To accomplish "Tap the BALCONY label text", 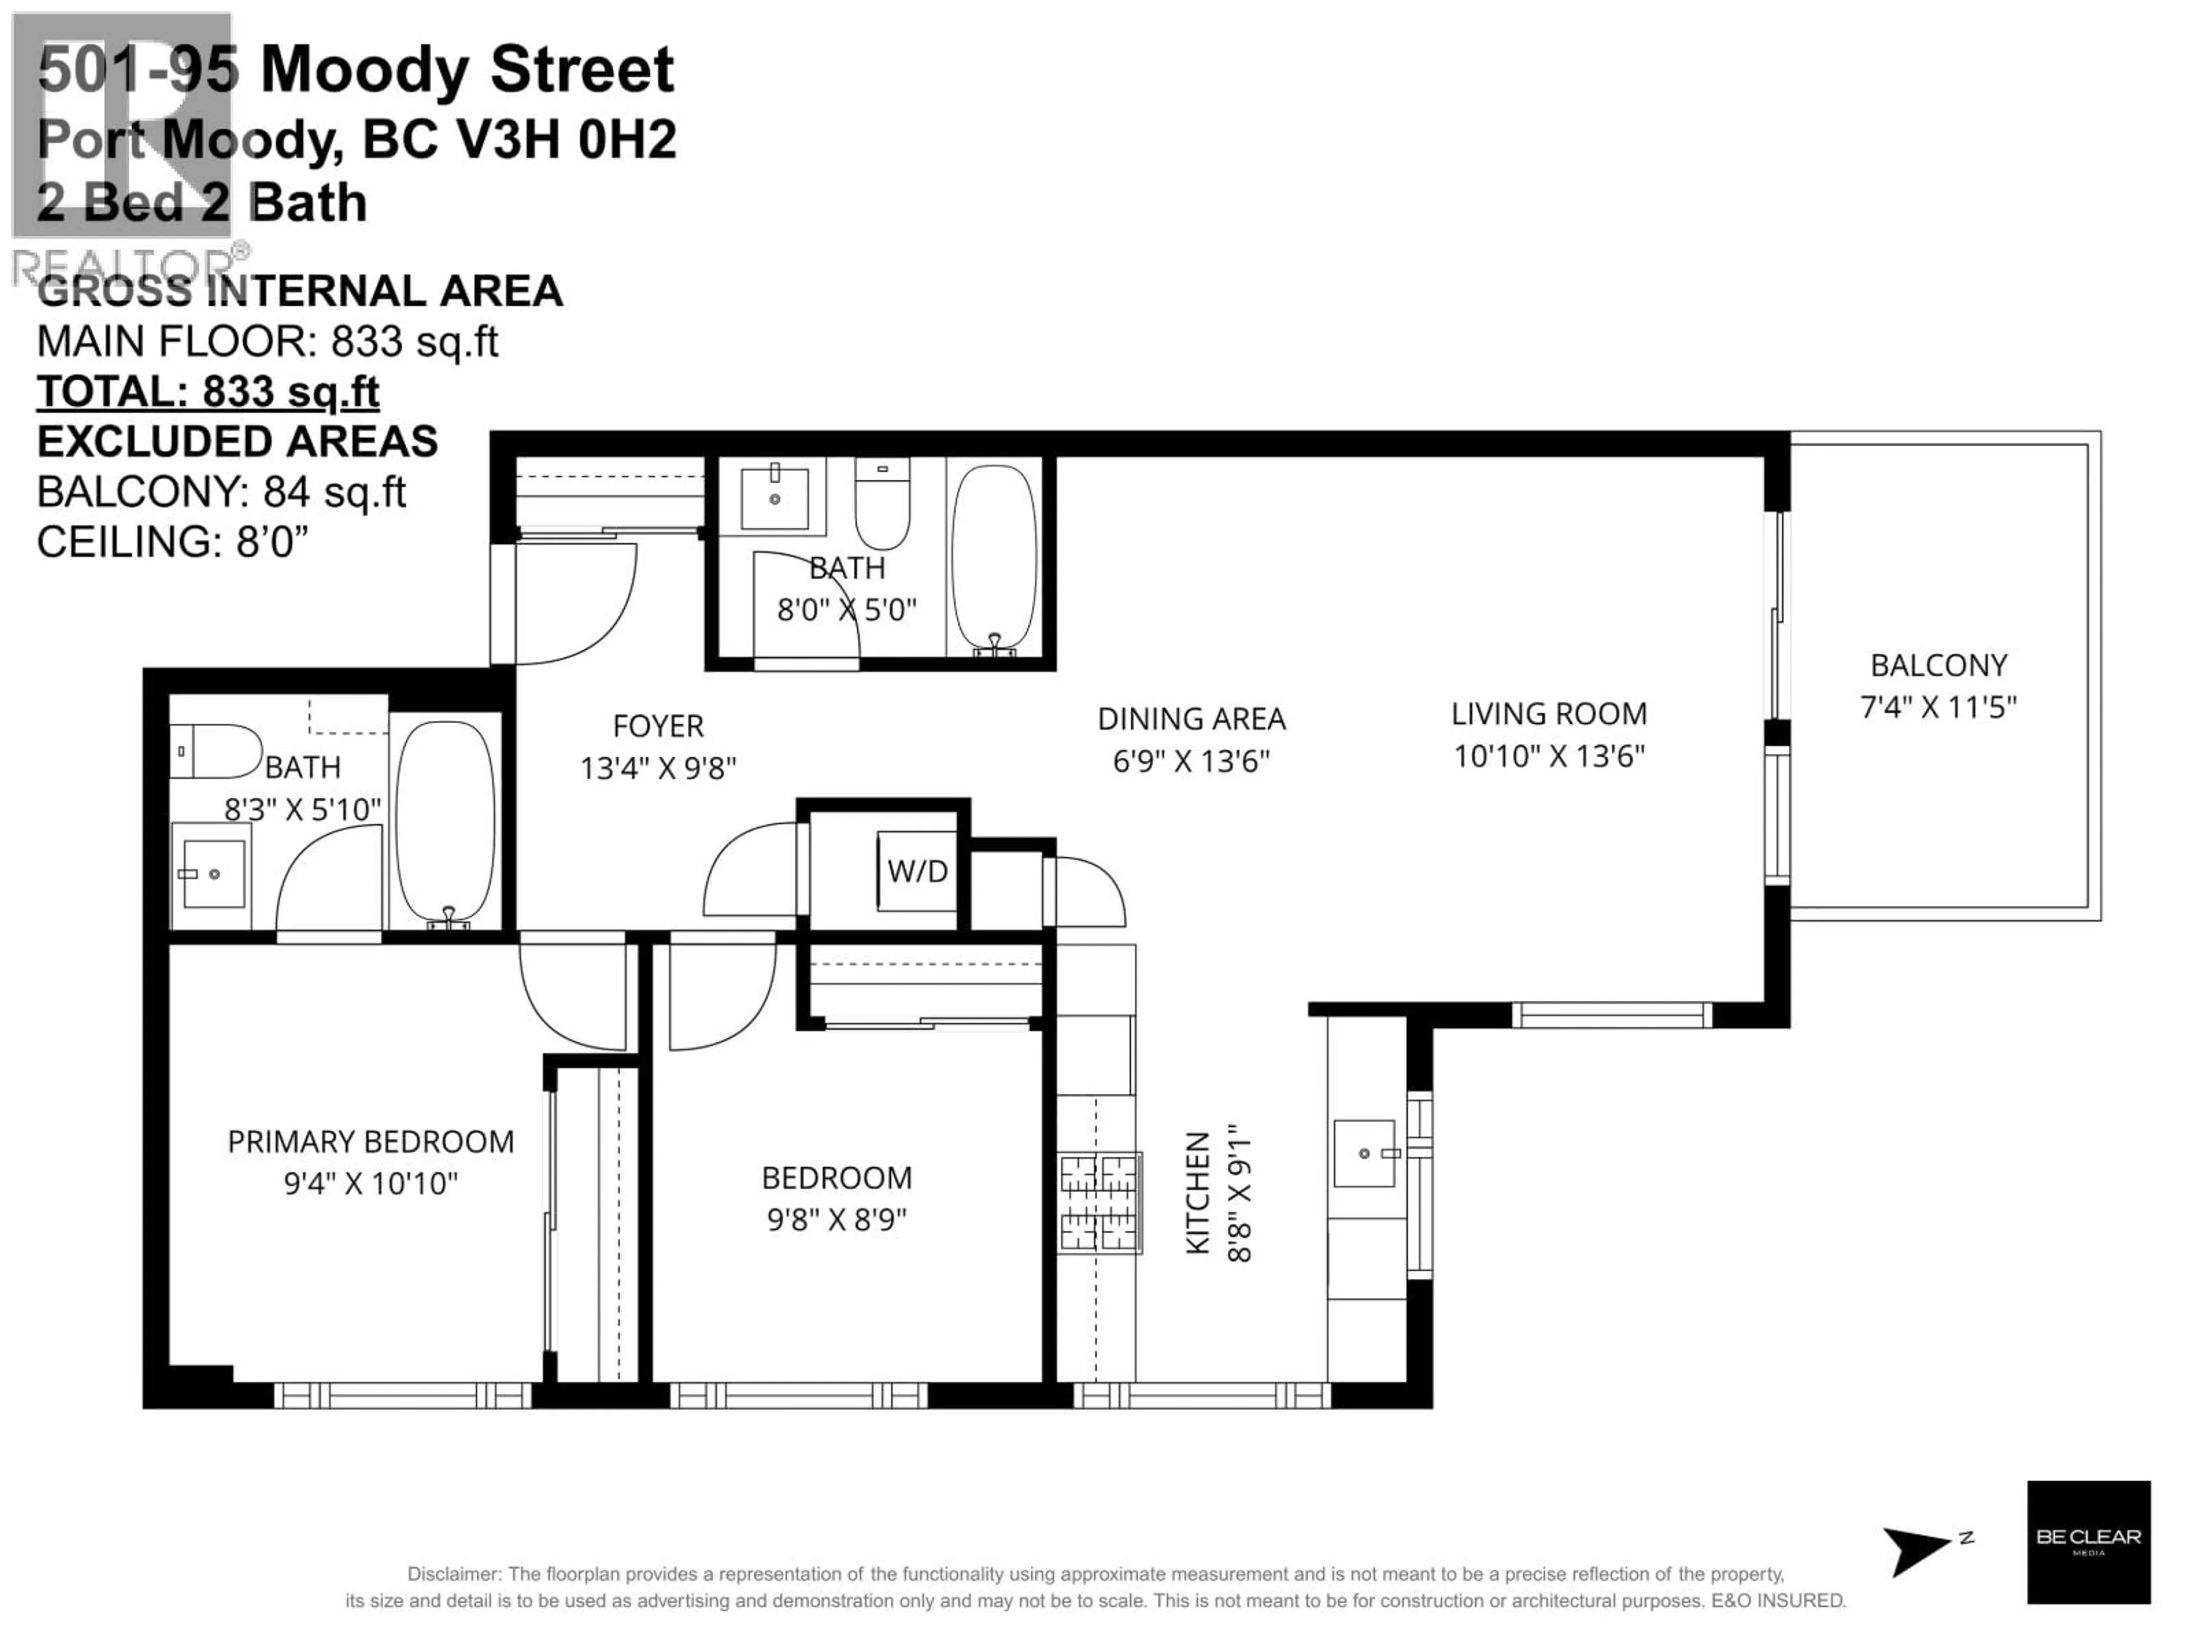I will point(1938,664).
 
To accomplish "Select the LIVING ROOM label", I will point(1549,714).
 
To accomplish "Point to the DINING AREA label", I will point(1191,719).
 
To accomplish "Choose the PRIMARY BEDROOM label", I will point(371,1141).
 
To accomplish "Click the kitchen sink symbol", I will point(1365,1153).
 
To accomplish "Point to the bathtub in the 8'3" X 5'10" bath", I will point(445,821).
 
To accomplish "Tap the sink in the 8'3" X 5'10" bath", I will point(210,873).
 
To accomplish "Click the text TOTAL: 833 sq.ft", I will point(208,392).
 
